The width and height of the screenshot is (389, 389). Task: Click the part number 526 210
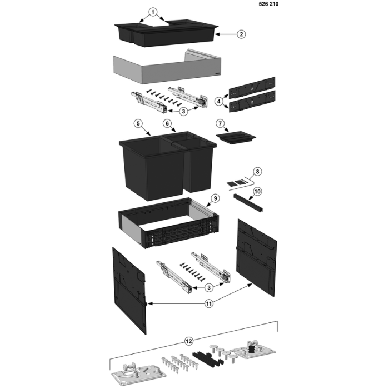pyautogui.click(x=268, y=4)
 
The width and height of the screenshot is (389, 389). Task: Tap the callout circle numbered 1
pyautogui.click(x=153, y=12)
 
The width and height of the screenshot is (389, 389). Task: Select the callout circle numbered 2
pyautogui.click(x=241, y=34)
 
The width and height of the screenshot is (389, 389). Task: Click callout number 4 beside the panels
pyautogui.click(x=218, y=101)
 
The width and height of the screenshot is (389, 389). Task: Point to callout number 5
pyautogui.click(x=138, y=123)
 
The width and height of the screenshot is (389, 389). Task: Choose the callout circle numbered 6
pyautogui.click(x=167, y=123)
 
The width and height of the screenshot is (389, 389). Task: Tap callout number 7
pyautogui.click(x=220, y=123)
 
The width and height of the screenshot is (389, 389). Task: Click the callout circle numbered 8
pyautogui.click(x=257, y=171)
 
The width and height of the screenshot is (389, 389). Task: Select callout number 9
pyautogui.click(x=215, y=198)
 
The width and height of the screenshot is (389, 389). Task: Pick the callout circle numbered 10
pyautogui.click(x=257, y=192)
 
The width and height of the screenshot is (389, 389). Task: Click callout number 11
pyautogui.click(x=209, y=303)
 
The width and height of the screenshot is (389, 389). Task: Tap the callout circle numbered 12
pyautogui.click(x=189, y=341)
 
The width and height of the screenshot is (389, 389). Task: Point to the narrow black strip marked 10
pyautogui.click(x=248, y=203)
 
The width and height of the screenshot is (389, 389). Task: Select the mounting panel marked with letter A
pyautogui.click(x=252, y=87)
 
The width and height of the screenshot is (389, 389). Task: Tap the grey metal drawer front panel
pyautogui.click(x=167, y=67)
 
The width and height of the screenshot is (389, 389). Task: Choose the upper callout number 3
pyautogui.click(x=183, y=111)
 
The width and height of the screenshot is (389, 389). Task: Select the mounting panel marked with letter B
pyautogui.click(x=252, y=102)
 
